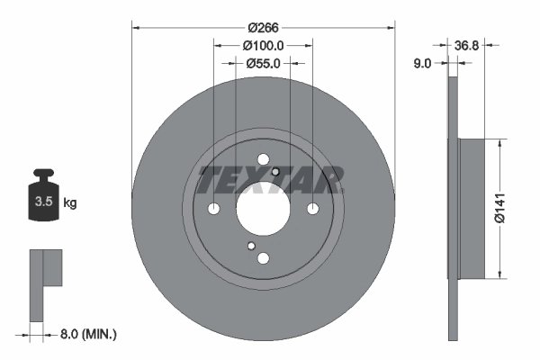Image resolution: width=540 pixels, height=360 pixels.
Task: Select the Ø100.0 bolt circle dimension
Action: pyautogui.click(x=264, y=46)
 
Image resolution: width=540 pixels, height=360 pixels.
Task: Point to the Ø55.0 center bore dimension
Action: pyautogui.click(x=264, y=64)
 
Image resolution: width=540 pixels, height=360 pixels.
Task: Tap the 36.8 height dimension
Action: pyautogui.click(x=466, y=45)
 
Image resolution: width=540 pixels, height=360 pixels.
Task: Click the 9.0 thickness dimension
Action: pyautogui.click(x=422, y=63)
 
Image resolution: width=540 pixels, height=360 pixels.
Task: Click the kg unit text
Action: pyautogui.click(x=70, y=203)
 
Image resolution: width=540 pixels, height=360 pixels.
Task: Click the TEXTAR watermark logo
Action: pyautogui.click(x=270, y=180)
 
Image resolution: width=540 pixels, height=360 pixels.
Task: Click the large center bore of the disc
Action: pyautogui.click(x=263, y=210)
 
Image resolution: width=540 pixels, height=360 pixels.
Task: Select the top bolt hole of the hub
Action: pyautogui.click(x=263, y=160)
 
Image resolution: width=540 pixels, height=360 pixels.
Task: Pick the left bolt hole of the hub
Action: pyautogui.click(x=213, y=210)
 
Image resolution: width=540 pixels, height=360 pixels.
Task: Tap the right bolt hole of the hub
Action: pyautogui.click(x=312, y=210)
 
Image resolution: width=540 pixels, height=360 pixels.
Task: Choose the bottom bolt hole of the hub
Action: pyautogui.click(x=263, y=259)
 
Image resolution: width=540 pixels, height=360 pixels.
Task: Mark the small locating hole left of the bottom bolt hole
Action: pyautogui.click(x=251, y=247)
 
